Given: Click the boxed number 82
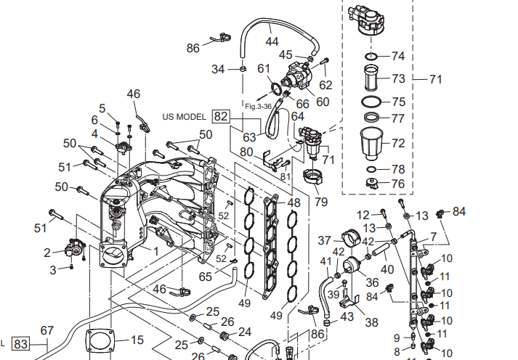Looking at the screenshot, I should click(x=221, y=116).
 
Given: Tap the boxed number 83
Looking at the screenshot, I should click(x=20, y=345).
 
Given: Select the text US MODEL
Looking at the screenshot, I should click(x=185, y=116).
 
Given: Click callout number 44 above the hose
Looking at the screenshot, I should click(x=272, y=41).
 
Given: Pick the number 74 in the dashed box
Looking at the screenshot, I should click(x=397, y=56).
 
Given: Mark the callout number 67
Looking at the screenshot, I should click(x=47, y=331).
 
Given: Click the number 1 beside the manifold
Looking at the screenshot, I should click(x=153, y=249).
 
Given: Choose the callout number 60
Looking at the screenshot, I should click(x=323, y=102).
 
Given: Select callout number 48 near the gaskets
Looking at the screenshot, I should click(x=294, y=202).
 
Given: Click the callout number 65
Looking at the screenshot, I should click(x=206, y=276).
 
